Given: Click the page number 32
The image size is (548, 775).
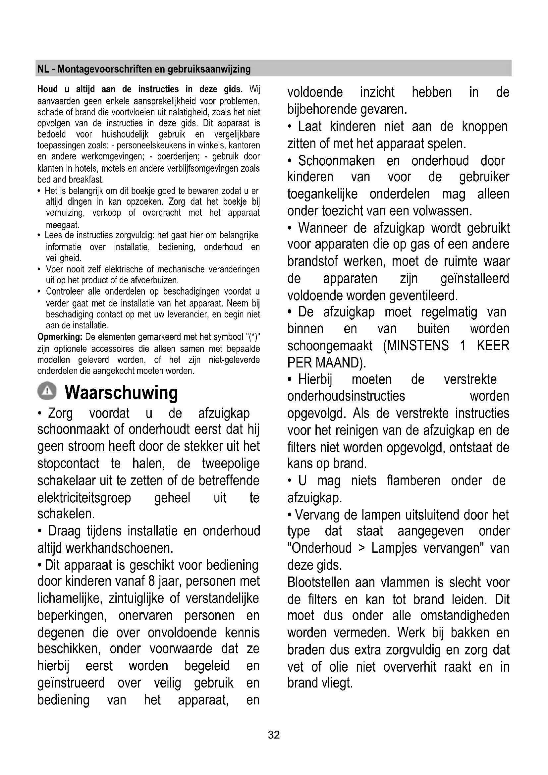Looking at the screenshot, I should (274, 735).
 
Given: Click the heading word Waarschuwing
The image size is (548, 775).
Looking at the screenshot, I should (121, 392).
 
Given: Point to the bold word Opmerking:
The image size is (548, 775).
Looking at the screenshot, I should (60, 337).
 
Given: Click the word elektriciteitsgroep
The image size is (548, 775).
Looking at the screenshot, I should (84, 498).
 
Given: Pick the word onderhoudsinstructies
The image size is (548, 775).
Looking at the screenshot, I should (346, 396).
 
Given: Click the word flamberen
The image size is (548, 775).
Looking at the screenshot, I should (413, 480).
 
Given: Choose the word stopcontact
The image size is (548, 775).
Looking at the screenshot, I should (68, 464).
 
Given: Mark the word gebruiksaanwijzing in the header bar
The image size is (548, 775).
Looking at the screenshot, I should (209, 69).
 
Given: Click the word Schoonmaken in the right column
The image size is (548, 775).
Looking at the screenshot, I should (336, 161).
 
